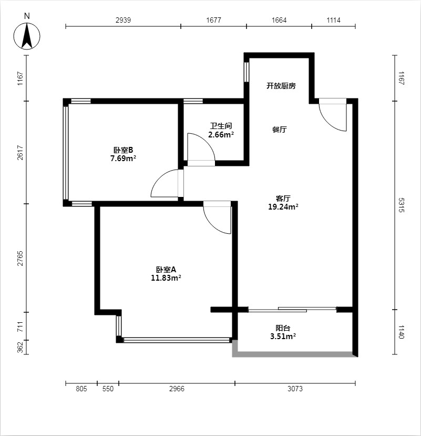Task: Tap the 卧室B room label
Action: [x=123, y=150]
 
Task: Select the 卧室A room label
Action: [x=166, y=270]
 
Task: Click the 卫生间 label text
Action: [x=221, y=126]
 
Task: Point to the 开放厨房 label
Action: [x=281, y=86]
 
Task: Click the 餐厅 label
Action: [x=280, y=130]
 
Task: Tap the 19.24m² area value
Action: [x=283, y=207]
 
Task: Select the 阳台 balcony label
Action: [x=283, y=328]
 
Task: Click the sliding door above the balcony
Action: [x=293, y=309]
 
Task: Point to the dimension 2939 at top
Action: [x=123, y=20]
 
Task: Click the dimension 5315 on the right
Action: [x=402, y=205]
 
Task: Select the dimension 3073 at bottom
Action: [x=295, y=389]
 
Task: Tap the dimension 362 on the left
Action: [x=20, y=347]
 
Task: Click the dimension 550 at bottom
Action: [x=108, y=389]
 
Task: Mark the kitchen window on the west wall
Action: [x=247, y=72]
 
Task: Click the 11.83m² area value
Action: [x=166, y=278]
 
